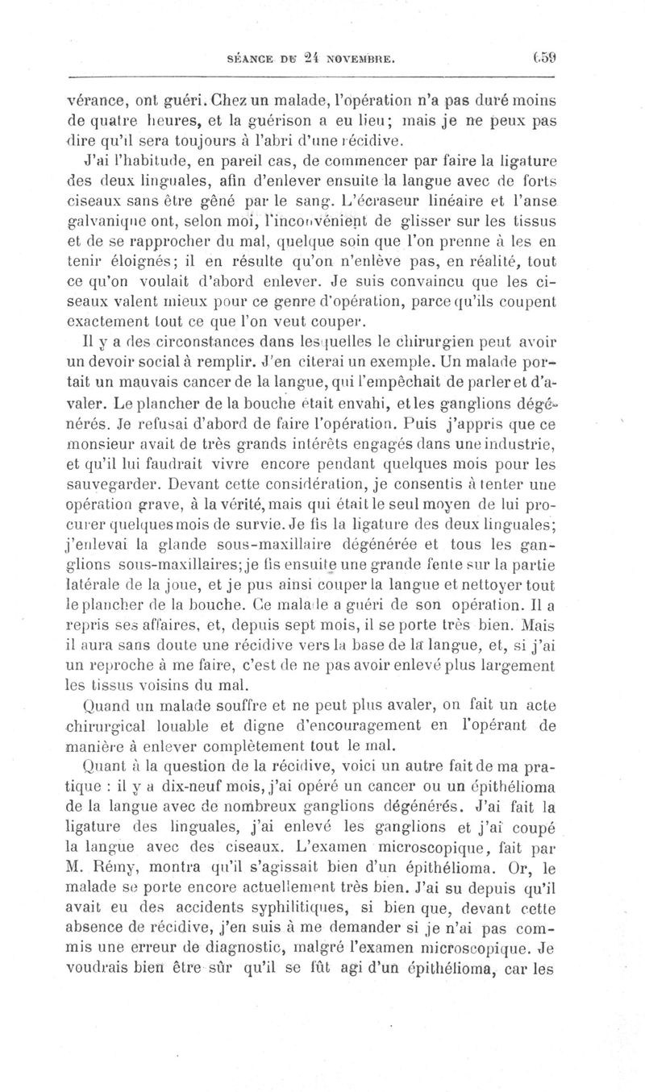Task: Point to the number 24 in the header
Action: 298,57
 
